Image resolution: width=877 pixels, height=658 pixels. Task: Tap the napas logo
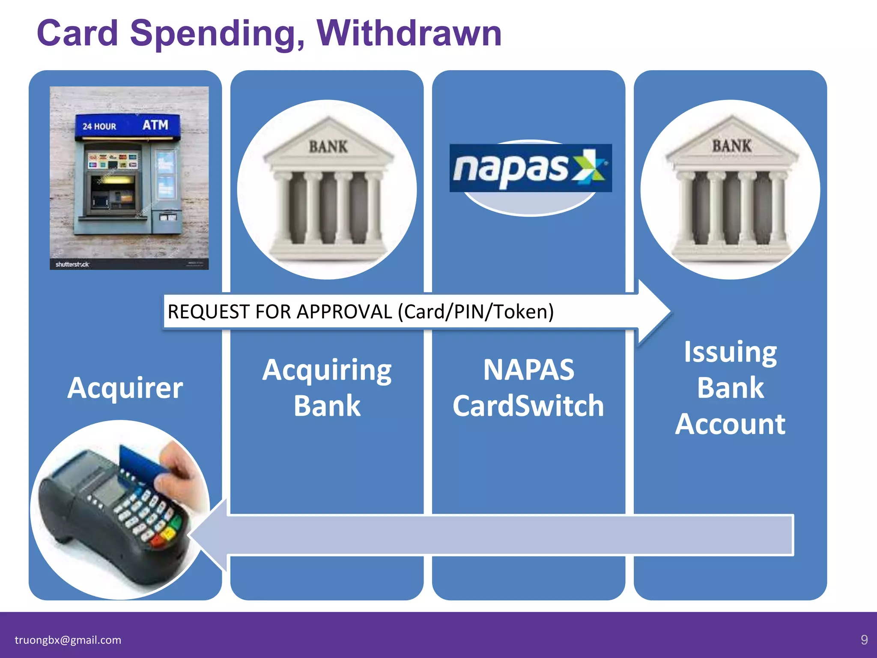[x=530, y=168]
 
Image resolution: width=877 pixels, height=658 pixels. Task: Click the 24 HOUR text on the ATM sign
[x=99, y=126]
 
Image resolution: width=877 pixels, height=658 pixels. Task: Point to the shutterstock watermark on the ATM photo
[x=72, y=264]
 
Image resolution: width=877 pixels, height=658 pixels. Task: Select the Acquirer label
[x=125, y=388]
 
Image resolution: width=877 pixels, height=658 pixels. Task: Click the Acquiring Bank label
[x=327, y=388]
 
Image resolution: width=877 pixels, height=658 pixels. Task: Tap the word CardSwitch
[x=528, y=406]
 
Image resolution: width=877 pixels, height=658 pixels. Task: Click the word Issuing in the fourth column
[x=730, y=352]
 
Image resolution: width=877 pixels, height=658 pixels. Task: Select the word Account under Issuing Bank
[x=730, y=424]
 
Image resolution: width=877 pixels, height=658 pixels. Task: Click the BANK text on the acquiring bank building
[x=328, y=147]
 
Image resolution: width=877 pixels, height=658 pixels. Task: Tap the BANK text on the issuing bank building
[x=731, y=146]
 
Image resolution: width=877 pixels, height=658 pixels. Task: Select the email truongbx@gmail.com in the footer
[x=68, y=640]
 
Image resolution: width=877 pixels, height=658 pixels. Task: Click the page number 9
[x=864, y=640]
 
